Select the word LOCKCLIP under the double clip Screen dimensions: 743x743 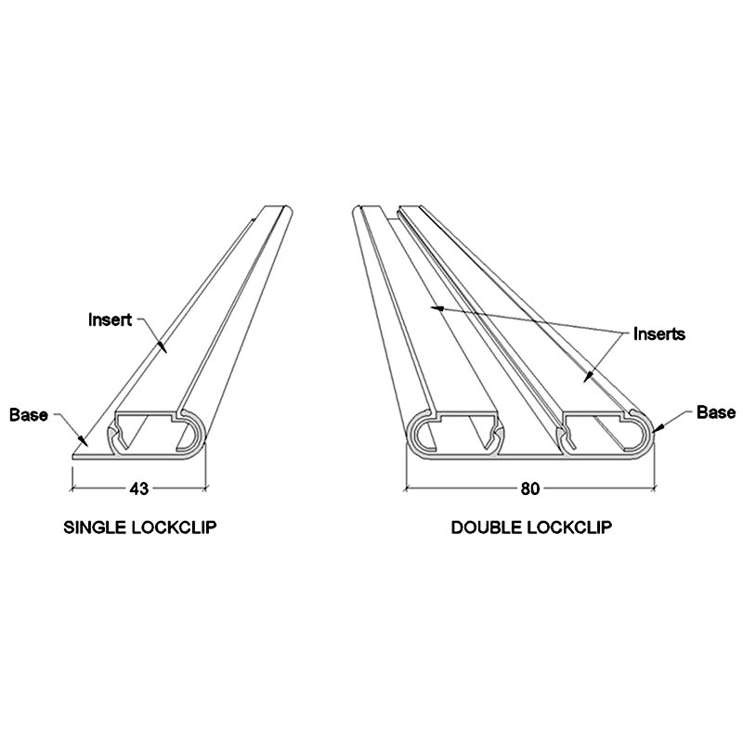(x=567, y=528)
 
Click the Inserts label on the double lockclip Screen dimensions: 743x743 (x=658, y=333)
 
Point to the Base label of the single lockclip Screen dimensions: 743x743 (x=28, y=414)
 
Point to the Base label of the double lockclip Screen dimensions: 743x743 (x=716, y=412)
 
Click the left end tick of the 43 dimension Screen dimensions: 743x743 (x=73, y=487)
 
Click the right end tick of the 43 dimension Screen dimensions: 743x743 (x=204, y=487)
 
